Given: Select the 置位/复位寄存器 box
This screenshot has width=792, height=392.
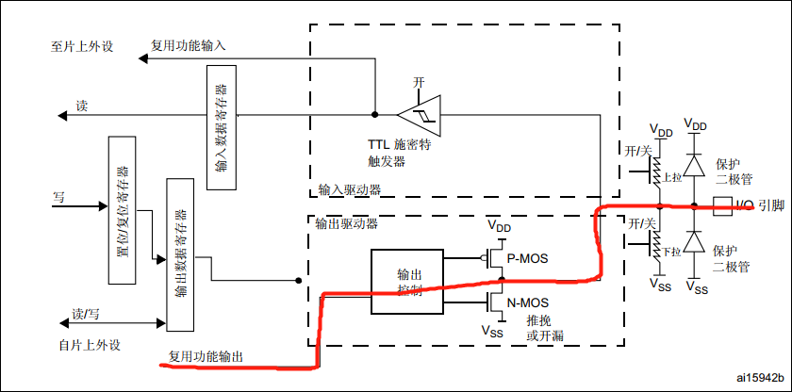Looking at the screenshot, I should pos(124,210).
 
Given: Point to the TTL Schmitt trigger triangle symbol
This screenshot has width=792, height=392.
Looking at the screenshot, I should pos(419,115).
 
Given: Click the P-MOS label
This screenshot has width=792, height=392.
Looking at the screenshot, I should pos(527,258).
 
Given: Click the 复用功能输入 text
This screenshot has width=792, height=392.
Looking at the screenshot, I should pos(189,45).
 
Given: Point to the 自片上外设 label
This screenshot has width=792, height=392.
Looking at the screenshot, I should pos(90,344).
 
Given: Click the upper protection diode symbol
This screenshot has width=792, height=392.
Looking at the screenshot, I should pos(696,166).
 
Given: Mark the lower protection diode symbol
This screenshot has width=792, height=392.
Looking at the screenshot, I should pos(696,242).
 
